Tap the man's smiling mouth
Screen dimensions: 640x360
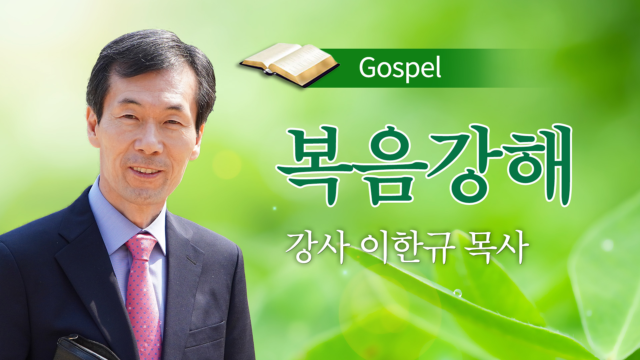coord(145,170)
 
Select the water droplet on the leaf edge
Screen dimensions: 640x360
coord(457,293)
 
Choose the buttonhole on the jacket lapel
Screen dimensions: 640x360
coord(192,259)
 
